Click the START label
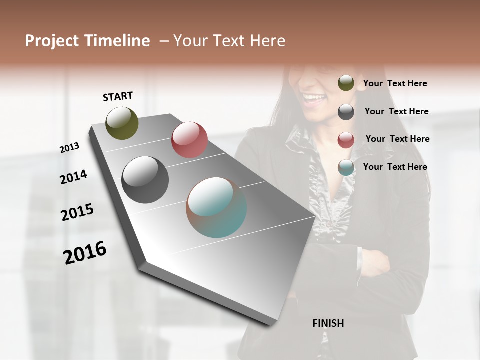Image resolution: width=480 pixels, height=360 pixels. (x=118, y=96)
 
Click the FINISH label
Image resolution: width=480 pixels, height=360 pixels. (x=328, y=323)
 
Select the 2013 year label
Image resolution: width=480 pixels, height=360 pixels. (x=69, y=148)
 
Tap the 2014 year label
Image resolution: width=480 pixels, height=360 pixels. (x=73, y=177)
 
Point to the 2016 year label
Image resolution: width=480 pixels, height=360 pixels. (x=85, y=252)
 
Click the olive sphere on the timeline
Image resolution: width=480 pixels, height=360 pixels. (x=122, y=123)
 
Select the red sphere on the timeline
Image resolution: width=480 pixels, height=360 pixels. (x=189, y=140)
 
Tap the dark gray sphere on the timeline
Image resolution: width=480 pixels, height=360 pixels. (x=145, y=180)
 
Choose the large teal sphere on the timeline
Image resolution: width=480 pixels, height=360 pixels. (x=216, y=207)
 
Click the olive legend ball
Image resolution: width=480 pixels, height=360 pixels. (x=346, y=83)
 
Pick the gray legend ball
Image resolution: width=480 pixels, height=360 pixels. (x=346, y=112)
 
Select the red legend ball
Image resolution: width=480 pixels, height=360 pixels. (x=346, y=140)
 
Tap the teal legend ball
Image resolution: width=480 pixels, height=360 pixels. (x=346, y=167)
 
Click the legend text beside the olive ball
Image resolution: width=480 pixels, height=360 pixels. (x=395, y=83)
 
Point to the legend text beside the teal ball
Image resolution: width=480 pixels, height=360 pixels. (x=395, y=167)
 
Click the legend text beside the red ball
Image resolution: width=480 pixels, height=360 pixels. (x=397, y=139)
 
